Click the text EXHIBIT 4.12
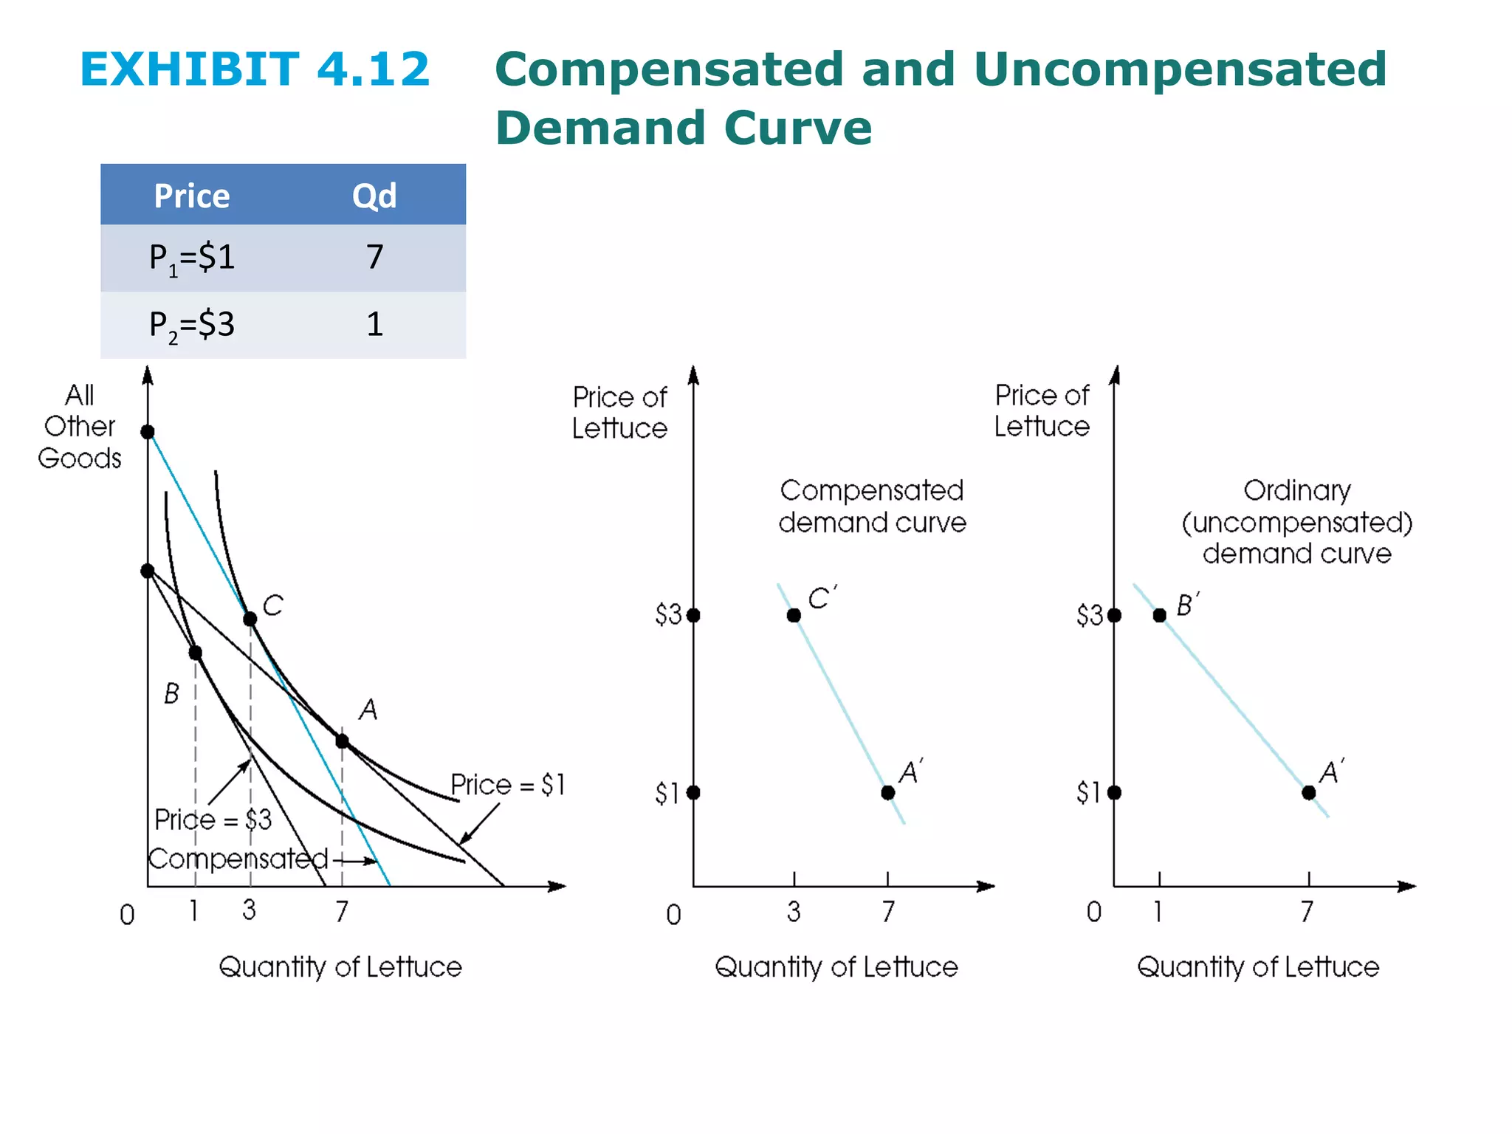(255, 69)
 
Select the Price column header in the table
(192, 196)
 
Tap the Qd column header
(374, 196)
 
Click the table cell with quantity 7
(374, 257)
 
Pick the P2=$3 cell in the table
(192, 325)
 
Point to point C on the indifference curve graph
(250, 619)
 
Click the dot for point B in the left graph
(195, 653)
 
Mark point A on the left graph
(342, 740)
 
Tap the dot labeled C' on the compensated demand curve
(794, 615)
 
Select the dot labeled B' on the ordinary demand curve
(1160, 615)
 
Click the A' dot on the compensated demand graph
(888, 792)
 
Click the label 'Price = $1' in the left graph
(508, 785)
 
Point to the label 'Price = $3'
(213, 819)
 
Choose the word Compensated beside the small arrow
(238, 859)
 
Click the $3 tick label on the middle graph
(667, 615)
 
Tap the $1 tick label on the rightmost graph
(1089, 793)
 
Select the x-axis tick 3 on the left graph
(250, 910)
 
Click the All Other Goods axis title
(80, 427)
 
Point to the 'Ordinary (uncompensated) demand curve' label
(1296, 522)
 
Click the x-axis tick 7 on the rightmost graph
(1307, 912)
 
